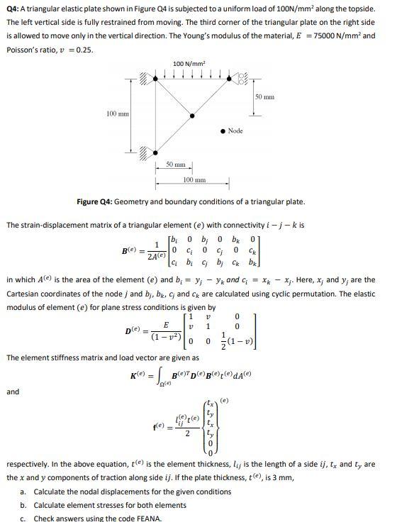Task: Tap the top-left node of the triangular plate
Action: point(157,78)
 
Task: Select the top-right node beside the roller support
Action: point(228,78)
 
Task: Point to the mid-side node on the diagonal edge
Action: point(193,114)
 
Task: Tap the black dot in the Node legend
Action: point(223,130)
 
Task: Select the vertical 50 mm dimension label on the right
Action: point(264,96)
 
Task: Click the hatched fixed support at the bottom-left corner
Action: point(146,151)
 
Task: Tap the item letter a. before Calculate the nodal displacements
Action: point(23,492)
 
